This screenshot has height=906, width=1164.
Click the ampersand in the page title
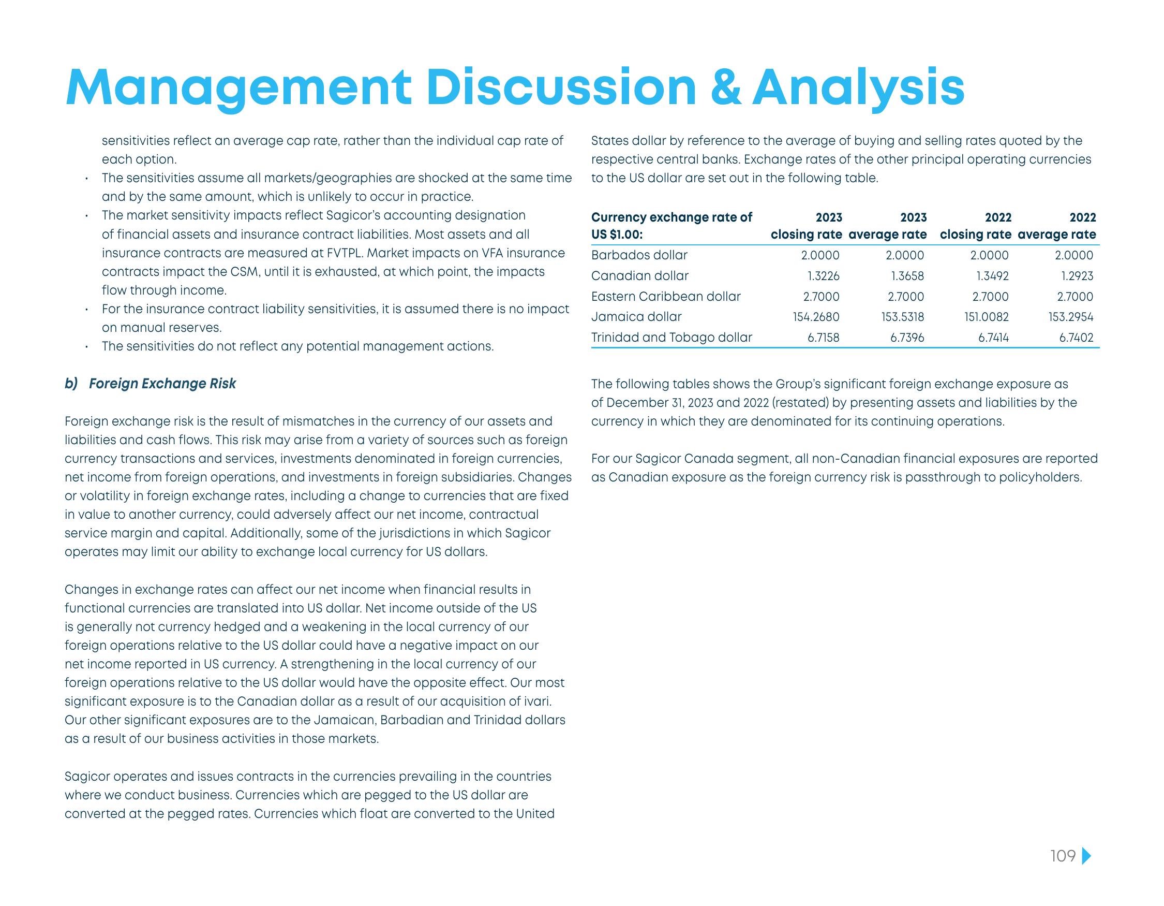(726, 88)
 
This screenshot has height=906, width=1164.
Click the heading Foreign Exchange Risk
(162, 384)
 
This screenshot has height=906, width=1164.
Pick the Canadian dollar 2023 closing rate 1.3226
(823, 276)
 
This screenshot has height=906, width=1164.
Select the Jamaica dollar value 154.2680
(815, 317)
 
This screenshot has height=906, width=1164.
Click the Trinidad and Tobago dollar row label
(671, 337)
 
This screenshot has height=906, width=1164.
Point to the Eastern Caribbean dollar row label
(666, 296)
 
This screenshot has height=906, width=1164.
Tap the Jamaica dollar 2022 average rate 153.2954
(1070, 317)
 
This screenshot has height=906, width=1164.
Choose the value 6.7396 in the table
(907, 338)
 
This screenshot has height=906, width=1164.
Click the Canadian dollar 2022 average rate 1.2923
(1077, 276)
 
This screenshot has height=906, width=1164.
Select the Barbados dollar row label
(639, 255)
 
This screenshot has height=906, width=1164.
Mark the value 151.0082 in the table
(986, 317)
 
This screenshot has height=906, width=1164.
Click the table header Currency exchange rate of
(671, 217)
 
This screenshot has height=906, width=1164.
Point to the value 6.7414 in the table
(993, 338)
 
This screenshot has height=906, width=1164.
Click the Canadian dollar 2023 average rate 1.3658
(907, 276)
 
